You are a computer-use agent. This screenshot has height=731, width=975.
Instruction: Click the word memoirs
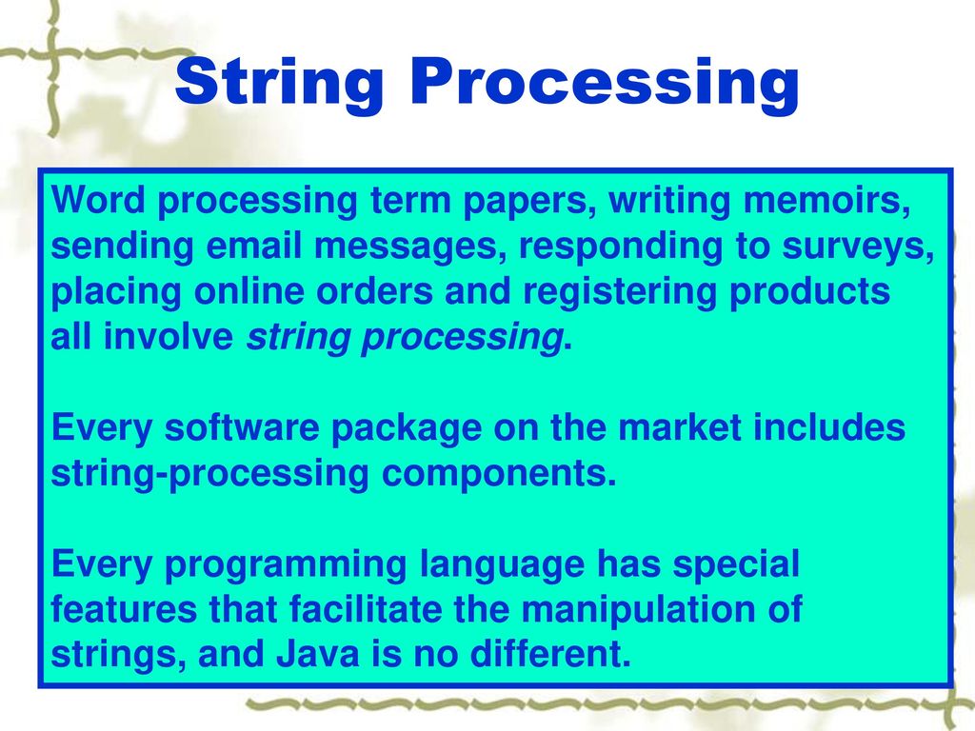point(827,200)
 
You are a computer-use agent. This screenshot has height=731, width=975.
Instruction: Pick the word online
point(249,291)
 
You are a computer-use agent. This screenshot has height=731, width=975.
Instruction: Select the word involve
point(168,336)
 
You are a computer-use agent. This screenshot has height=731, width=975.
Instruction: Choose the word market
point(680,427)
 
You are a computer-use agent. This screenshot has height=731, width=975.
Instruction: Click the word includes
point(829,427)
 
